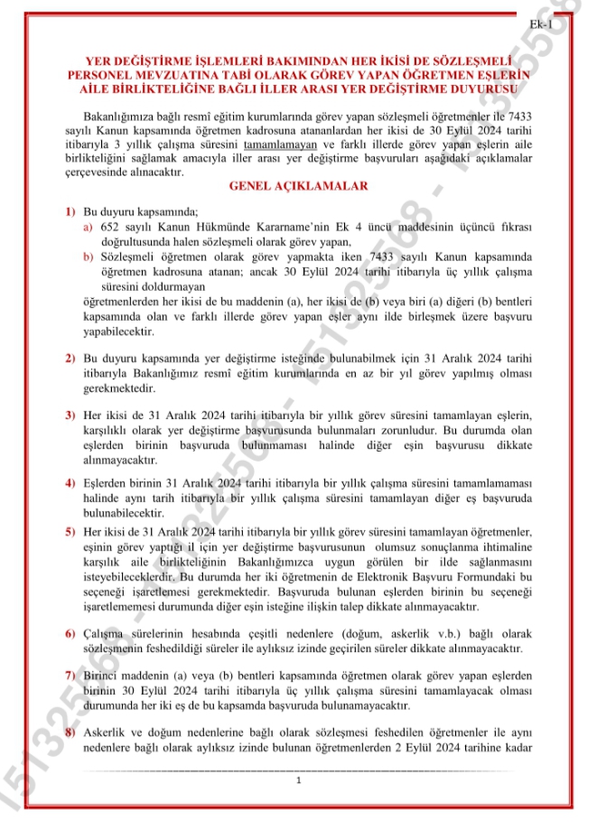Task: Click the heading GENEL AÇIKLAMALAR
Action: pos(299,186)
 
